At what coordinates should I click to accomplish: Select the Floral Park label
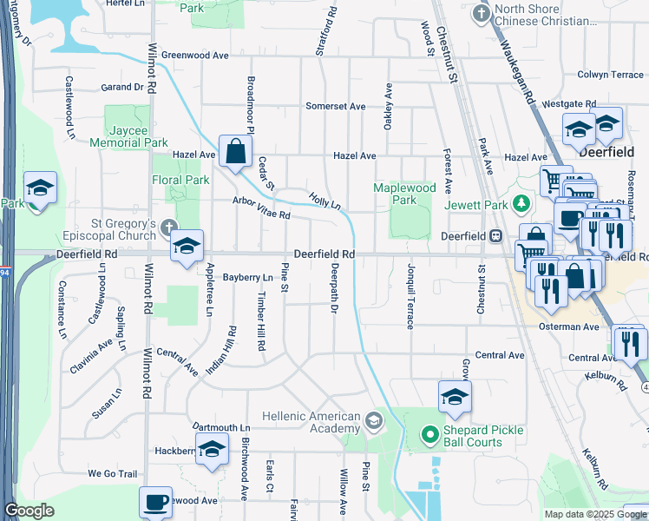tap(183, 181)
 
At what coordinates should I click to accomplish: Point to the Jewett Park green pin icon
tap(521, 205)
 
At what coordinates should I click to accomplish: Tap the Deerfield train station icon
tap(495, 234)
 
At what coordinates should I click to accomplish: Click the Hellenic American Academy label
tap(311, 422)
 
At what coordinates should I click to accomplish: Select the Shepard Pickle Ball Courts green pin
tap(428, 434)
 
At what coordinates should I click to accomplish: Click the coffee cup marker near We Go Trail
tap(156, 502)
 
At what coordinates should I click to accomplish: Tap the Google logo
tap(29, 511)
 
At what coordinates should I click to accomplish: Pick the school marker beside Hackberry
tap(211, 450)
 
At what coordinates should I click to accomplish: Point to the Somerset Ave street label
tap(335, 106)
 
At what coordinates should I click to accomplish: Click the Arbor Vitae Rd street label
tap(260, 207)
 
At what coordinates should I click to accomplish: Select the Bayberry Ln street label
tap(247, 278)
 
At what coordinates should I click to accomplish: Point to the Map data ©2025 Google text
tap(594, 514)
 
